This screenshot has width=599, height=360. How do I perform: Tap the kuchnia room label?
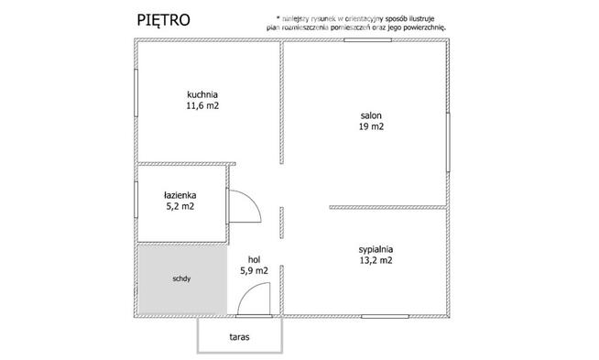pyautogui.click(x=201, y=93)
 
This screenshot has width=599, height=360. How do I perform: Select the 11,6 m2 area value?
pyautogui.click(x=201, y=106)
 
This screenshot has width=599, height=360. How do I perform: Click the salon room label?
pyautogui.click(x=370, y=115)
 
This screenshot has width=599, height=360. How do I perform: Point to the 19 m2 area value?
pyautogui.click(x=370, y=127)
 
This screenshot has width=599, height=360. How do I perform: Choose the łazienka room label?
pyautogui.click(x=179, y=194)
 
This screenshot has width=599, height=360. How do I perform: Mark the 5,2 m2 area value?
pyautogui.click(x=179, y=207)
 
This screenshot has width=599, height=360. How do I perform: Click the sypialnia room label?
pyautogui.click(x=376, y=247)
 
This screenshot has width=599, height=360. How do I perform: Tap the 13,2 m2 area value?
pyautogui.click(x=376, y=260)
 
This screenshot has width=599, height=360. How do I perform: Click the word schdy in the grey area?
pyautogui.click(x=180, y=279)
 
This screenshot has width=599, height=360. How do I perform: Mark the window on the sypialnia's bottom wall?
pyautogui.click(x=386, y=316)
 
